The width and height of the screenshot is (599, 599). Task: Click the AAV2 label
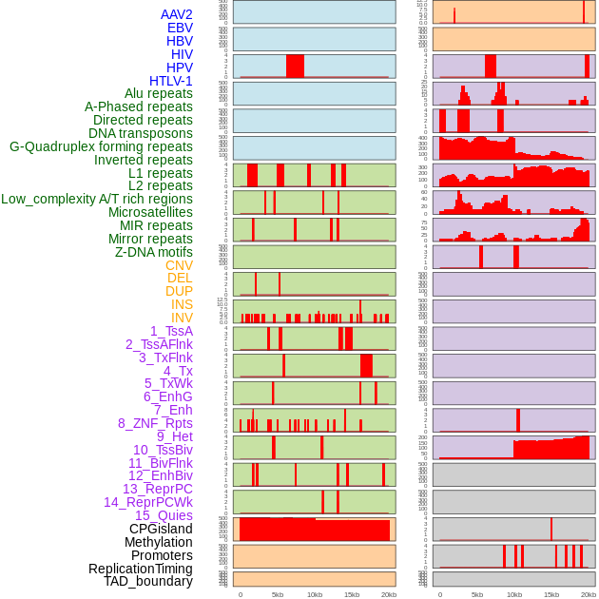click(176, 14)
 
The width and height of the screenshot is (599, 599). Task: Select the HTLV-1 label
click(170, 81)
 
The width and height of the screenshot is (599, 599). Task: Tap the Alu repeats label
click(158, 94)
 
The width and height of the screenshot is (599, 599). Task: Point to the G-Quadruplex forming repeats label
click(101, 146)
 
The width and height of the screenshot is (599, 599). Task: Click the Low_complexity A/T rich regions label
click(97, 199)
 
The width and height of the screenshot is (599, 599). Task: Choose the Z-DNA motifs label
click(153, 252)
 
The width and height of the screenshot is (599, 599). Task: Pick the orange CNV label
click(179, 265)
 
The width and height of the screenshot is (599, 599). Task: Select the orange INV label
click(181, 318)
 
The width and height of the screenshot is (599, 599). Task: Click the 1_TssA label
click(171, 331)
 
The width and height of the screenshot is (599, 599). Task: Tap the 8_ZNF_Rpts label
click(155, 423)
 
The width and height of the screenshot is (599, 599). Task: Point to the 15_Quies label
click(164, 514)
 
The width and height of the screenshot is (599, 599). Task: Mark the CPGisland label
click(161, 529)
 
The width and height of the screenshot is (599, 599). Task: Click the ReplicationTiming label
click(141, 569)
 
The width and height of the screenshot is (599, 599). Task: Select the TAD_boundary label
click(148, 581)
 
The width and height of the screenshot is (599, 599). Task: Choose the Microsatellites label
click(150, 212)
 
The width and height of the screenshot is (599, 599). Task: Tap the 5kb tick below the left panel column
click(278, 594)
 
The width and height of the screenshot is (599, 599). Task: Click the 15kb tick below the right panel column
click(551, 594)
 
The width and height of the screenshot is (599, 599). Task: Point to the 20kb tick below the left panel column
click(389, 594)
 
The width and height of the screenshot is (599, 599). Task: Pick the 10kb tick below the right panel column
click(514, 594)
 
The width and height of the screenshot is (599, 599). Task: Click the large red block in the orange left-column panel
click(314, 530)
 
